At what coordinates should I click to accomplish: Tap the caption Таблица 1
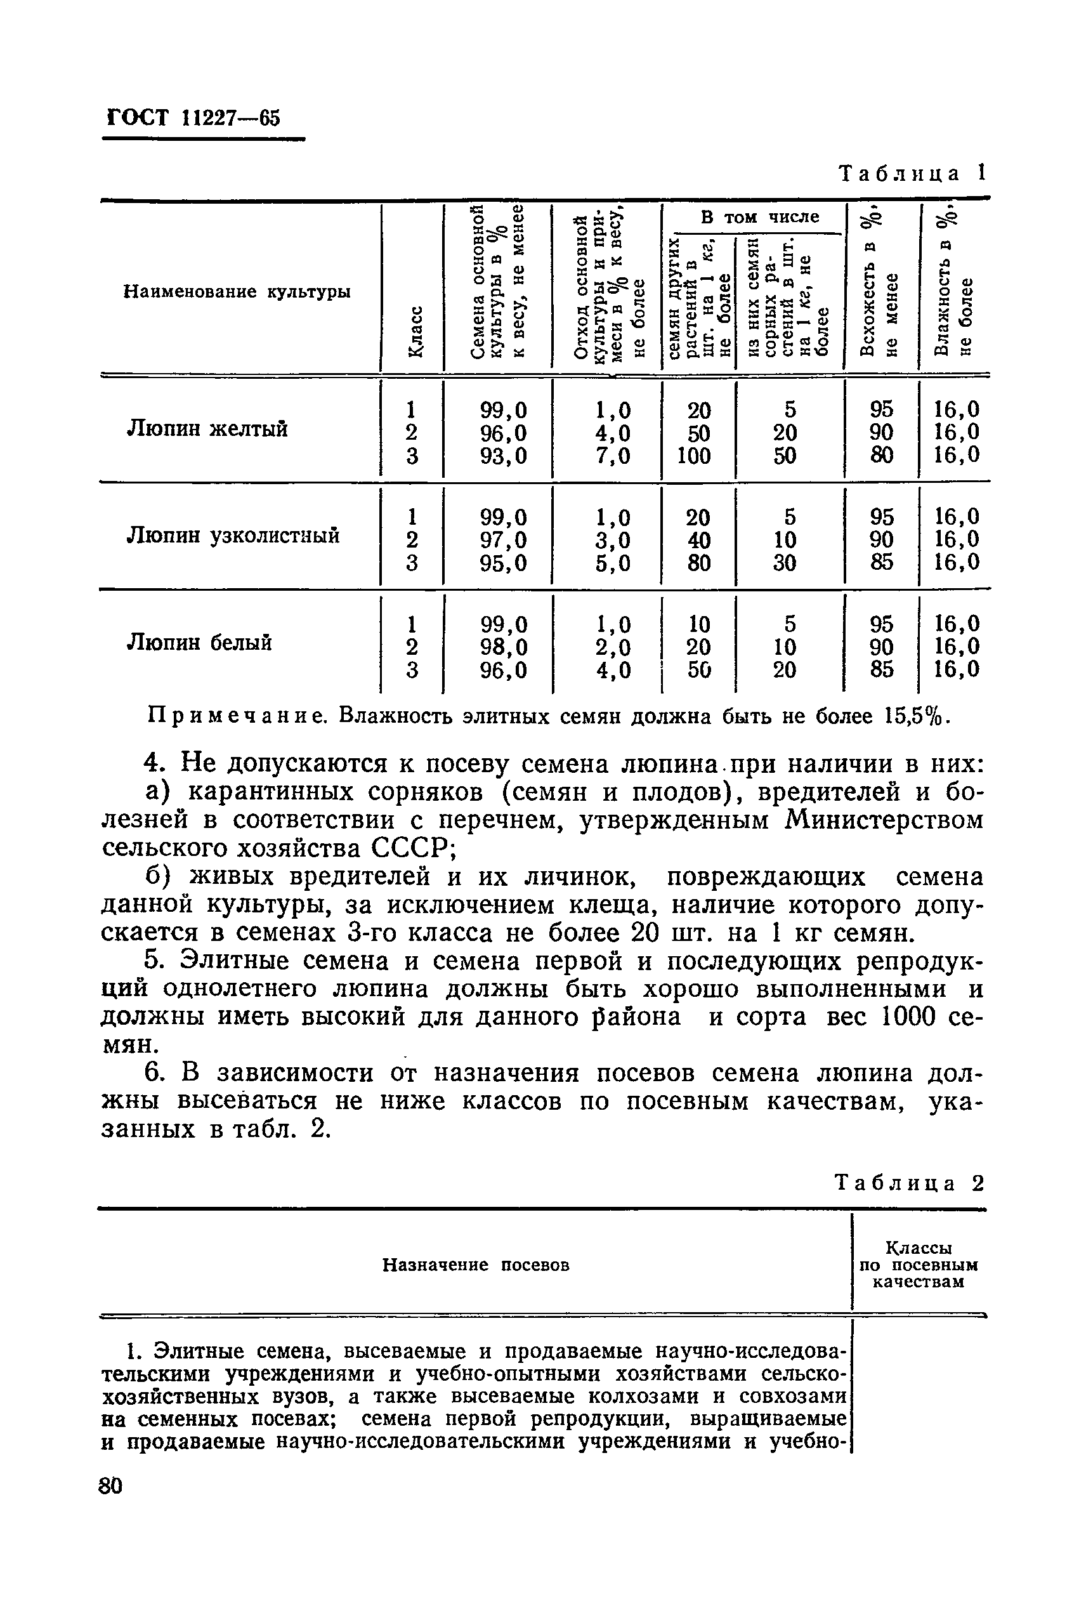pyautogui.click(x=912, y=173)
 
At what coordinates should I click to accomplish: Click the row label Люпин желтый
pyautogui.click(x=207, y=429)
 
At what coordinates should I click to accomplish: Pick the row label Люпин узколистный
pyautogui.click(x=233, y=536)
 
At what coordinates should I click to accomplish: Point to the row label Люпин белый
pyautogui.click(x=199, y=643)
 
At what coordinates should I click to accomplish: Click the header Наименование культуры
pyautogui.click(x=237, y=292)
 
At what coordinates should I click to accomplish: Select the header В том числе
pyautogui.click(x=760, y=218)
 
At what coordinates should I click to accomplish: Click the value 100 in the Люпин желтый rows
pyautogui.click(x=694, y=456)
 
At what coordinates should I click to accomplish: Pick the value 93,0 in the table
pyautogui.click(x=504, y=456)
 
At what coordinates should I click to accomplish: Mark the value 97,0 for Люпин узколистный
pyautogui.click(x=504, y=539)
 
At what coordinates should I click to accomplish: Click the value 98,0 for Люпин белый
pyautogui.click(x=504, y=647)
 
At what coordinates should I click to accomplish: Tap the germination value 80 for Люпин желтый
pyautogui.click(x=881, y=455)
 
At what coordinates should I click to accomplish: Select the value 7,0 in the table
pyautogui.click(x=613, y=456)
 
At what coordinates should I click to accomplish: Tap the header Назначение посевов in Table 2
pyautogui.click(x=476, y=1265)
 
